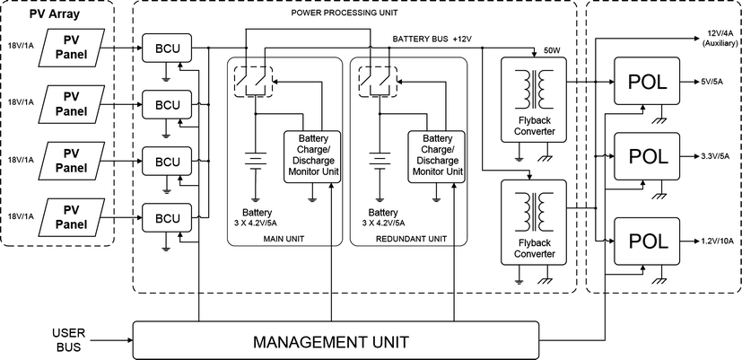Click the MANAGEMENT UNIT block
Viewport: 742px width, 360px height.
(331, 341)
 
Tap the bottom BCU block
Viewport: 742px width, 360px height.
(168, 218)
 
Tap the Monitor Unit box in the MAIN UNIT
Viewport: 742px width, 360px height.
(312, 154)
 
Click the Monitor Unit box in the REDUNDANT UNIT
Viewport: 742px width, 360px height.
(436, 154)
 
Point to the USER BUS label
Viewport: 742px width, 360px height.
(68, 340)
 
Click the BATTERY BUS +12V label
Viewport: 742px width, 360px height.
(432, 40)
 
